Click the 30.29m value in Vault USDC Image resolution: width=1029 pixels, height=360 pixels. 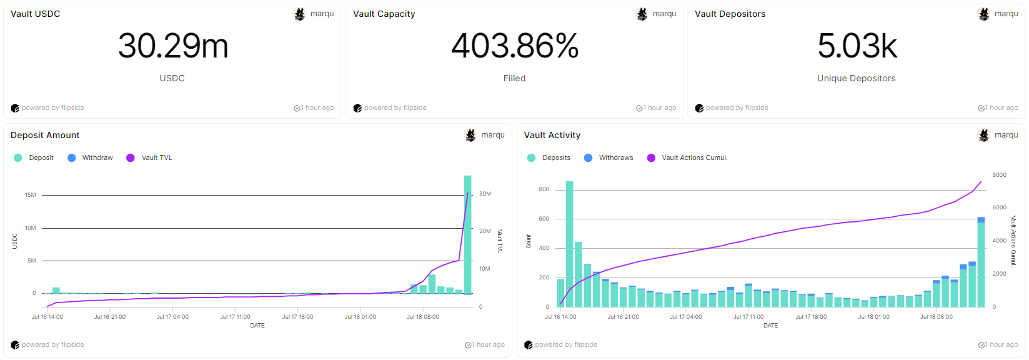[x=173, y=46]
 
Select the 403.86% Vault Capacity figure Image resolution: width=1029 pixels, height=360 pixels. [x=515, y=46]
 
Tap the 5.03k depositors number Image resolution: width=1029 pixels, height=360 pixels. [x=857, y=46]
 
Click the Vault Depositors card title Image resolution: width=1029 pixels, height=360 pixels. [x=730, y=14]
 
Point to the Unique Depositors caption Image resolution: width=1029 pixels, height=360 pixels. [x=856, y=78]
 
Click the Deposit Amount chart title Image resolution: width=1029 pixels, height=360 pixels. [x=45, y=135]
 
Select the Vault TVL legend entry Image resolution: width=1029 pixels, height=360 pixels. [x=156, y=157]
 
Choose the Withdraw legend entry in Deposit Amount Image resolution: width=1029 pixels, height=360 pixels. [x=97, y=157]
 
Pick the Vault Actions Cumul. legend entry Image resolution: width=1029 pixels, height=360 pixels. [x=694, y=157]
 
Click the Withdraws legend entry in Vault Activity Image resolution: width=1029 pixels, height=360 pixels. [x=615, y=157]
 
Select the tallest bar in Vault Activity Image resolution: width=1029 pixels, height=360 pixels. [x=569, y=244]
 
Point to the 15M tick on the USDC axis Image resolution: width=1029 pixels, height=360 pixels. [x=31, y=195]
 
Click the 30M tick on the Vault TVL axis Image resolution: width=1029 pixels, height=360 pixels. [x=485, y=194]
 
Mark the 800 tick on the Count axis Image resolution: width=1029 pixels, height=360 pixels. [x=544, y=189]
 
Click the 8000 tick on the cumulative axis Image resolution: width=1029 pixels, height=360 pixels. [x=999, y=175]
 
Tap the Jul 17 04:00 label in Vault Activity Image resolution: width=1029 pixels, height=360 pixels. [x=685, y=317]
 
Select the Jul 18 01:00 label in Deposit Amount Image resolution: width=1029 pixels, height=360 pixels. [x=360, y=317]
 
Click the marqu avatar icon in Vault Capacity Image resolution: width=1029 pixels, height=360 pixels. [x=642, y=14]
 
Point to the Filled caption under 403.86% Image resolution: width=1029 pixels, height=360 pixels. [x=514, y=78]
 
